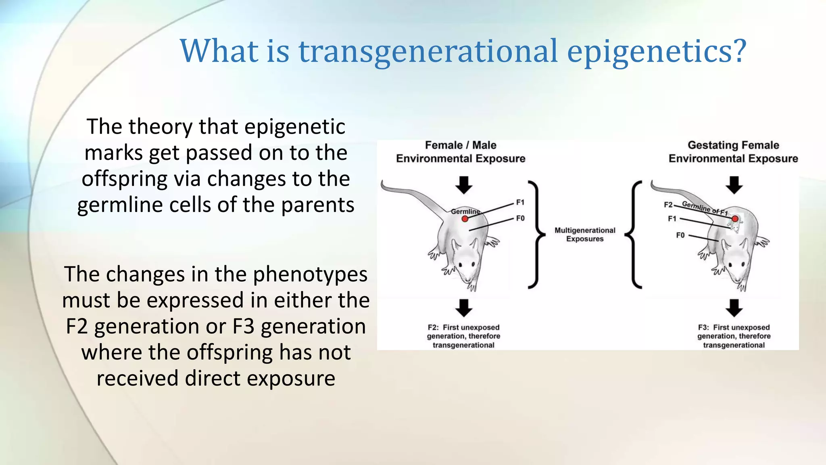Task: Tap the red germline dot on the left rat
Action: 465,219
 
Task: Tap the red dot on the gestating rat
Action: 735,219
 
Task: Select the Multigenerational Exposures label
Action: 585,235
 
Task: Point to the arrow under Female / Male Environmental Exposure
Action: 464,185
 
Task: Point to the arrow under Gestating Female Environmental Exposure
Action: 734,185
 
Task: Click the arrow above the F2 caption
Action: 464,308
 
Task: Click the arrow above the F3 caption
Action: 734,308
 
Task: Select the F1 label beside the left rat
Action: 520,202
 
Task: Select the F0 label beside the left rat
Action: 520,218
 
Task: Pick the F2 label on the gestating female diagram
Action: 668,205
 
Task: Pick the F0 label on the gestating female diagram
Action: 680,235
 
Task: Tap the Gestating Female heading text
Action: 733,145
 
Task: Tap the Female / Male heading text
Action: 461,145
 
